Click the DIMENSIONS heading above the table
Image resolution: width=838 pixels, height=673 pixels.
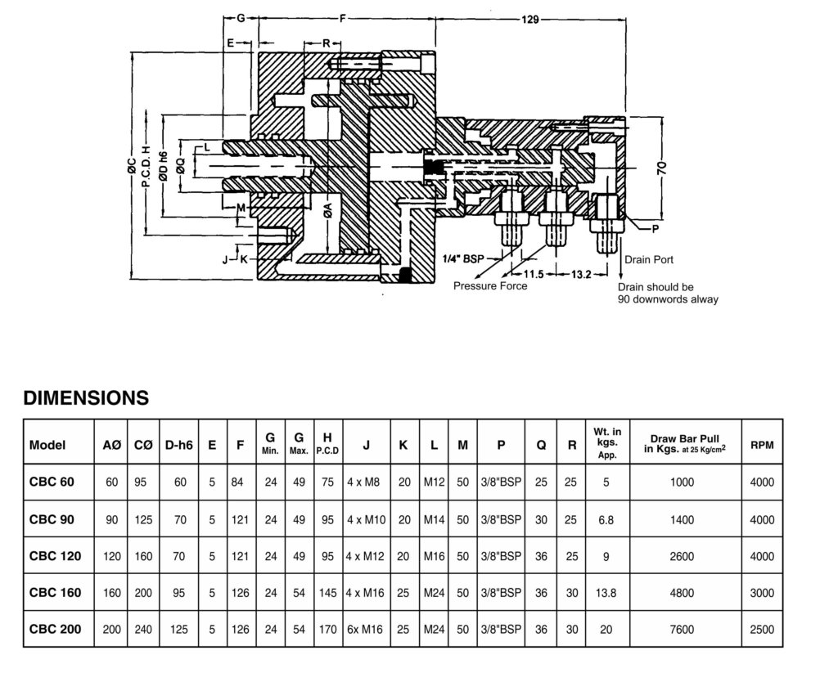[86, 398]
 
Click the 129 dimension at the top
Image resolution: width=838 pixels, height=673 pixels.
[529, 20]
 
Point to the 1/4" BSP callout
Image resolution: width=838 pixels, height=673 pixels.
[462, 258]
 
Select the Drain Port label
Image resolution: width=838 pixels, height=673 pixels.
[649, 260]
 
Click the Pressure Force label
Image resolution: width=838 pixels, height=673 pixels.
[490, 286]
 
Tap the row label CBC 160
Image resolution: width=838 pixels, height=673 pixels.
[56, 593]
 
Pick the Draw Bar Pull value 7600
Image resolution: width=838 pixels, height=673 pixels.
[681, 630]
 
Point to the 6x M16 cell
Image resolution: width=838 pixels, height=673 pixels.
[365, 630]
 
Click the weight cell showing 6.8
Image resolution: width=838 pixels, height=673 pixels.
[606, 519]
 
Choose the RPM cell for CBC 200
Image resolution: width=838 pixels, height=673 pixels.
[761, 630]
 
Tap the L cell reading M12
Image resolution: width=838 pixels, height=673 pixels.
[434, 482]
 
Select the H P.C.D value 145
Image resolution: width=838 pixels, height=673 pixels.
[327, 593]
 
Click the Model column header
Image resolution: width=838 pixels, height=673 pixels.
[47, 446]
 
